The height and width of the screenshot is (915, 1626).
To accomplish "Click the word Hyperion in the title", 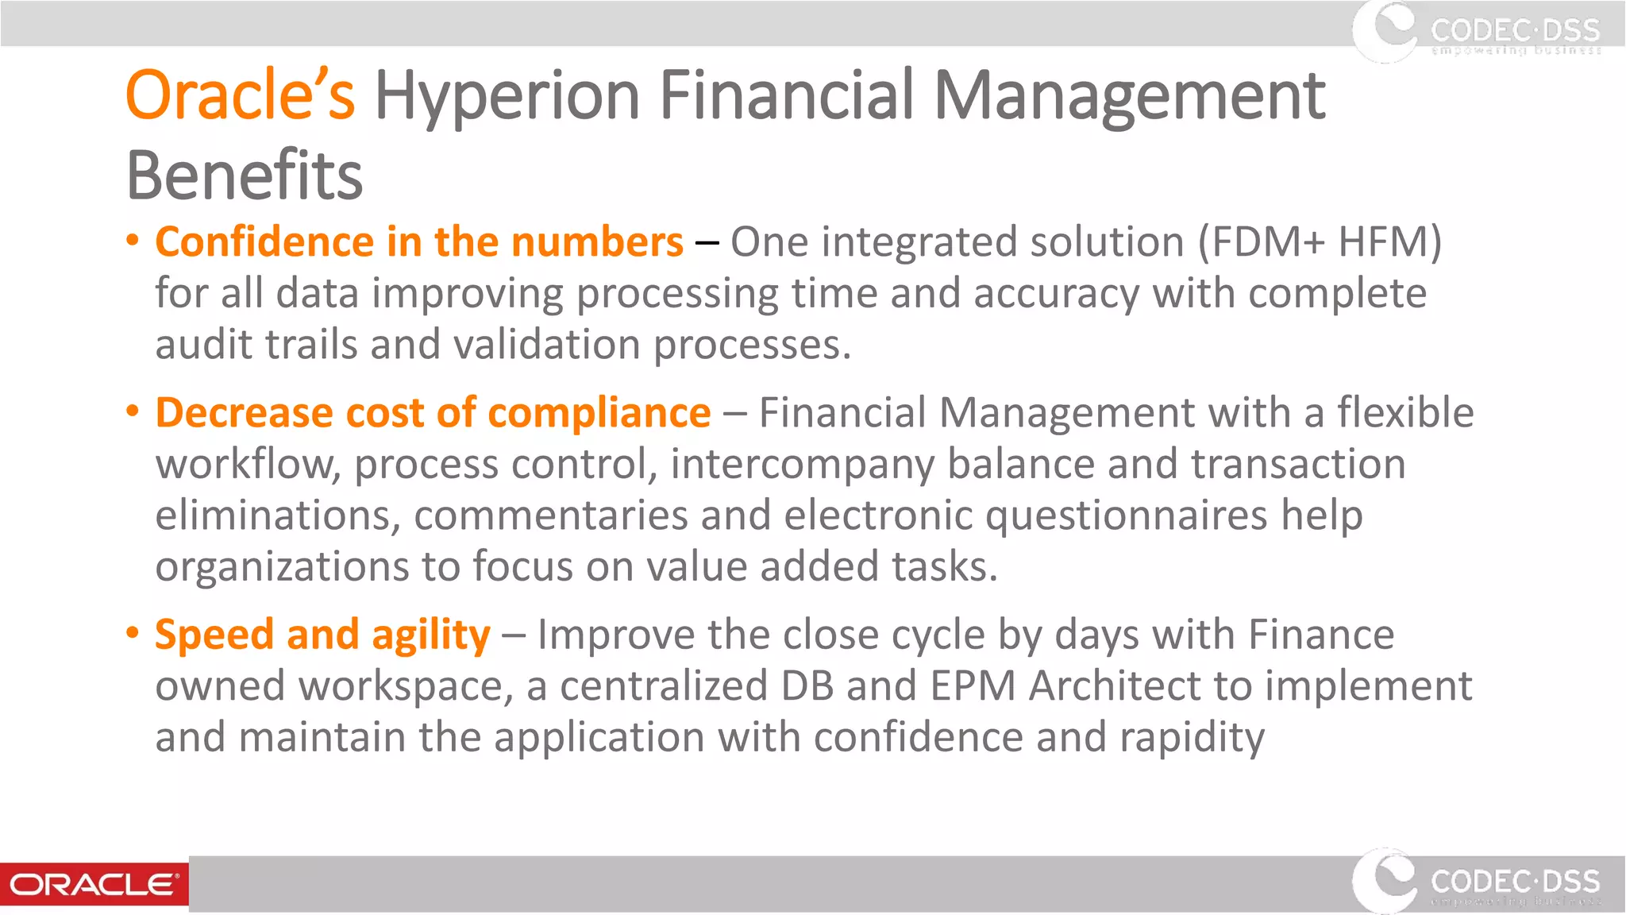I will click(507, 97).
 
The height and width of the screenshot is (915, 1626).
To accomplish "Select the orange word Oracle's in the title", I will click(241, 95).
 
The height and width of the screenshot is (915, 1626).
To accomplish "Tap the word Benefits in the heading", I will click(245, 176).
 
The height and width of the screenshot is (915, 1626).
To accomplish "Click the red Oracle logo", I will click(94, 884).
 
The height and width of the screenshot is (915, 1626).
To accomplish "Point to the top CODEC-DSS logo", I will click(1477, 32).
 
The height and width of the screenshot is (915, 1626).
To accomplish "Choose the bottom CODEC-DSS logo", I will click(1477, 882).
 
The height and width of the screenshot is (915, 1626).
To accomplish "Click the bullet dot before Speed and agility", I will click(133, 633).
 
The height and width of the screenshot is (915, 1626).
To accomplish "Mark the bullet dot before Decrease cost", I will click(133, 411).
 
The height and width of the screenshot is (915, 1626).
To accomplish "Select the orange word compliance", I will click(599, 413).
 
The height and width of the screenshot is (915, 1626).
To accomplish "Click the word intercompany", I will click(802, 465).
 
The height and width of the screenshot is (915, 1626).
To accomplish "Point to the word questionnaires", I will click(1126, 516).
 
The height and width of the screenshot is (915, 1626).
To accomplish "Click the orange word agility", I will click(431, 635).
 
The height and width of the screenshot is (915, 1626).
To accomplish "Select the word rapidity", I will click(1192, 738).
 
